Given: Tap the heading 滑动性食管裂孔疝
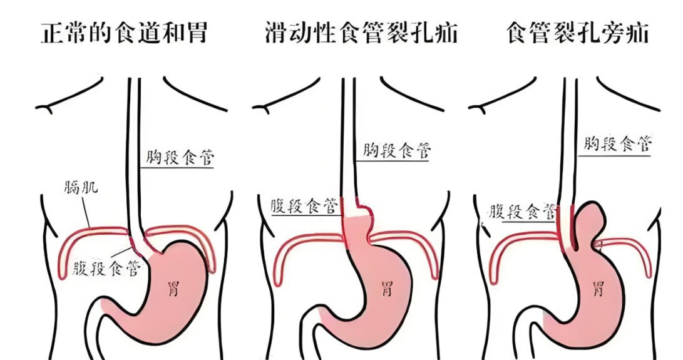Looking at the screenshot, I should tap(361, 33).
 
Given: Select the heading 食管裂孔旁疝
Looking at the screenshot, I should tap(577, 33).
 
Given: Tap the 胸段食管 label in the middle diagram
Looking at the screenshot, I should tap(397, 151).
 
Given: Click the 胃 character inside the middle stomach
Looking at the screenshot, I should tap(388, 290).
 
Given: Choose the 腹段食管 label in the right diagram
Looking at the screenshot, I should tap(523, 210).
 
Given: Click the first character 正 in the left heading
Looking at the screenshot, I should tap(52, 33).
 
